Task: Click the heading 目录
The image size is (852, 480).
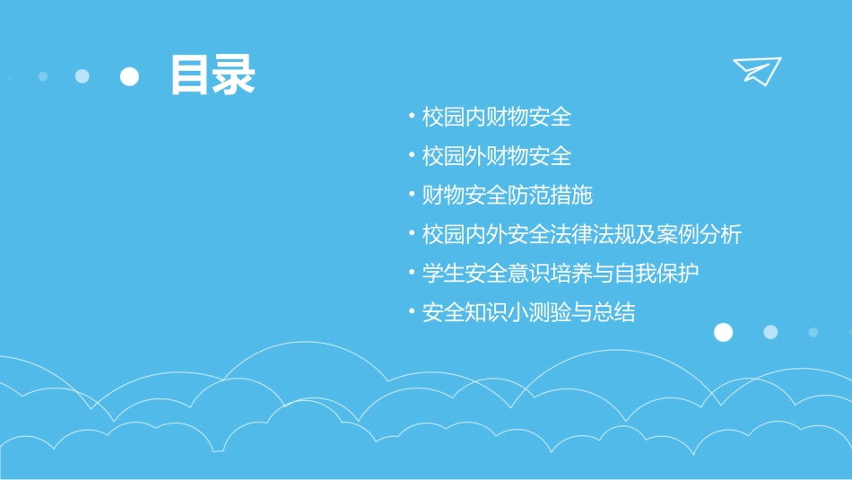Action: [x=213, y=75]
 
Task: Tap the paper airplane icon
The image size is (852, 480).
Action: [x=757, y=71]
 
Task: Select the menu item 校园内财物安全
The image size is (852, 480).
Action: [x=497, y=117]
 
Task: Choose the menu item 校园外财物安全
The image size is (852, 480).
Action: [x=497, y=156]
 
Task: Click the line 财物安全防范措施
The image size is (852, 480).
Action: [x=508, y=195]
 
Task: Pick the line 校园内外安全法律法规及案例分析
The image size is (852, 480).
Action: [x=582, y=234]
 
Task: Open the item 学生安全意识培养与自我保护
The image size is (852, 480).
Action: [x=561, y=273]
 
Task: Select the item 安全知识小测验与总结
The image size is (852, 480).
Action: [x=529, y=312]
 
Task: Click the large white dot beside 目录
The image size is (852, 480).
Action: [x=129, y=77]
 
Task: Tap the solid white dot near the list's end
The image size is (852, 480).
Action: [x=723, y=333]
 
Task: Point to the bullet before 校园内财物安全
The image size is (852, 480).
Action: [x=411, y=116]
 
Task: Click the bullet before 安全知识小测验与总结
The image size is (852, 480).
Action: [x=411, y=311]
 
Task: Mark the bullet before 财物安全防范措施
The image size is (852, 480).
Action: [x=411, y=194]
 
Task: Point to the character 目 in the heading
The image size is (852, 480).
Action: [x=191, y=75]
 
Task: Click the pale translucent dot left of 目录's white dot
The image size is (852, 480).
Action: [x=83, y=76]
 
